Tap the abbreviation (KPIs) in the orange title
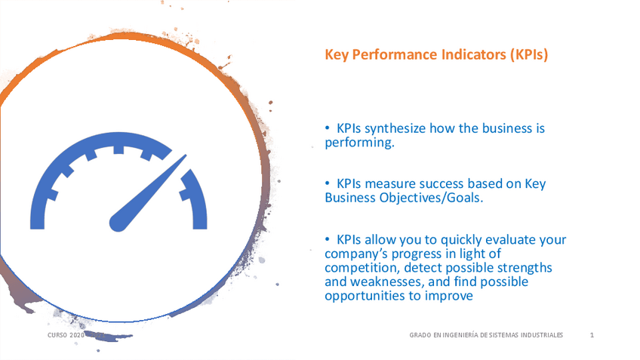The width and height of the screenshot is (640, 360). tap(529, 54)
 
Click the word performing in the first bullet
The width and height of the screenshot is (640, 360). tap(359, 143)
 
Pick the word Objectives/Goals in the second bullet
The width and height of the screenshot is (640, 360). tap(431, 198)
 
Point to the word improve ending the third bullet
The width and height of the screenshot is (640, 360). tap(448, 296)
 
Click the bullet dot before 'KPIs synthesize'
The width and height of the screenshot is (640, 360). tap(328, 128)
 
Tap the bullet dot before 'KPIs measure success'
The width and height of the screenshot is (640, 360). tap(328, 183)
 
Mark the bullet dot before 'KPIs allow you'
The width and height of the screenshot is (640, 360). tap(328, 239)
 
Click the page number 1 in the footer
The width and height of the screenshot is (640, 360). tap(592, 335)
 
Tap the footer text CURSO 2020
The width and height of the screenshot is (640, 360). tap(66, 335)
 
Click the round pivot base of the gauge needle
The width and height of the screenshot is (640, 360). tap(118, 223)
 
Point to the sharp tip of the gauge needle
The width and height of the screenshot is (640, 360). tap(186, 155)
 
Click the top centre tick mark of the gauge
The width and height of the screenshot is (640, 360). tap(118, 149)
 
